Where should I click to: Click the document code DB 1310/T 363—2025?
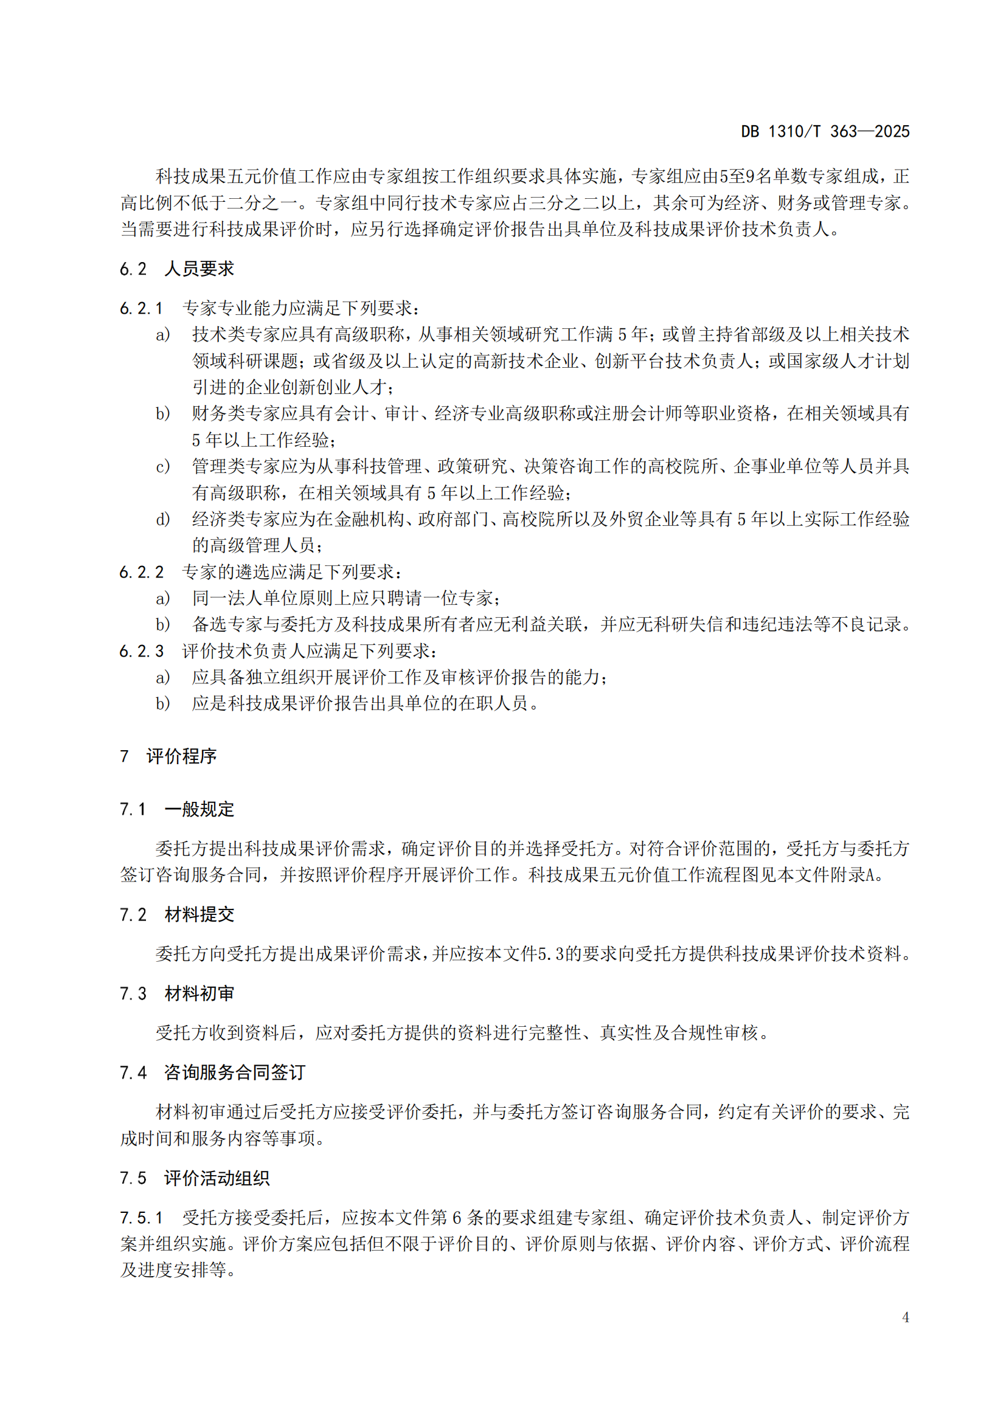coord(825,131)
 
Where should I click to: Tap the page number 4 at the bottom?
coord(905,1317)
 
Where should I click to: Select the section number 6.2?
coord(133,269)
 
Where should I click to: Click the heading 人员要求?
coord(199,269)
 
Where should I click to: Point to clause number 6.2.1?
coord(141,308)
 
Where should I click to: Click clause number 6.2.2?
coord(141,571)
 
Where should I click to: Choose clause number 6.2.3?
coord(141,651)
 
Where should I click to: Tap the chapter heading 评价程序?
coord(181,756)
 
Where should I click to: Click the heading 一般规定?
coord(199,809)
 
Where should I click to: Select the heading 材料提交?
coord(199,914)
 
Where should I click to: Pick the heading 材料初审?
coord(199,993)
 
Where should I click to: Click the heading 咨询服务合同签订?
coord(235,1072)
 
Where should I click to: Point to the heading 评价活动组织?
coord(217,1178)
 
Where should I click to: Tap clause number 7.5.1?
coord(141,1218)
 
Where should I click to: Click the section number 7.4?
coord(133,1072)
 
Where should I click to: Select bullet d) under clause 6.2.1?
coord(162,519)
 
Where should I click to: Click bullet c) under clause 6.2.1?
coord(162,466)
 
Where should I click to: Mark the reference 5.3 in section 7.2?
coord(550,954)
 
